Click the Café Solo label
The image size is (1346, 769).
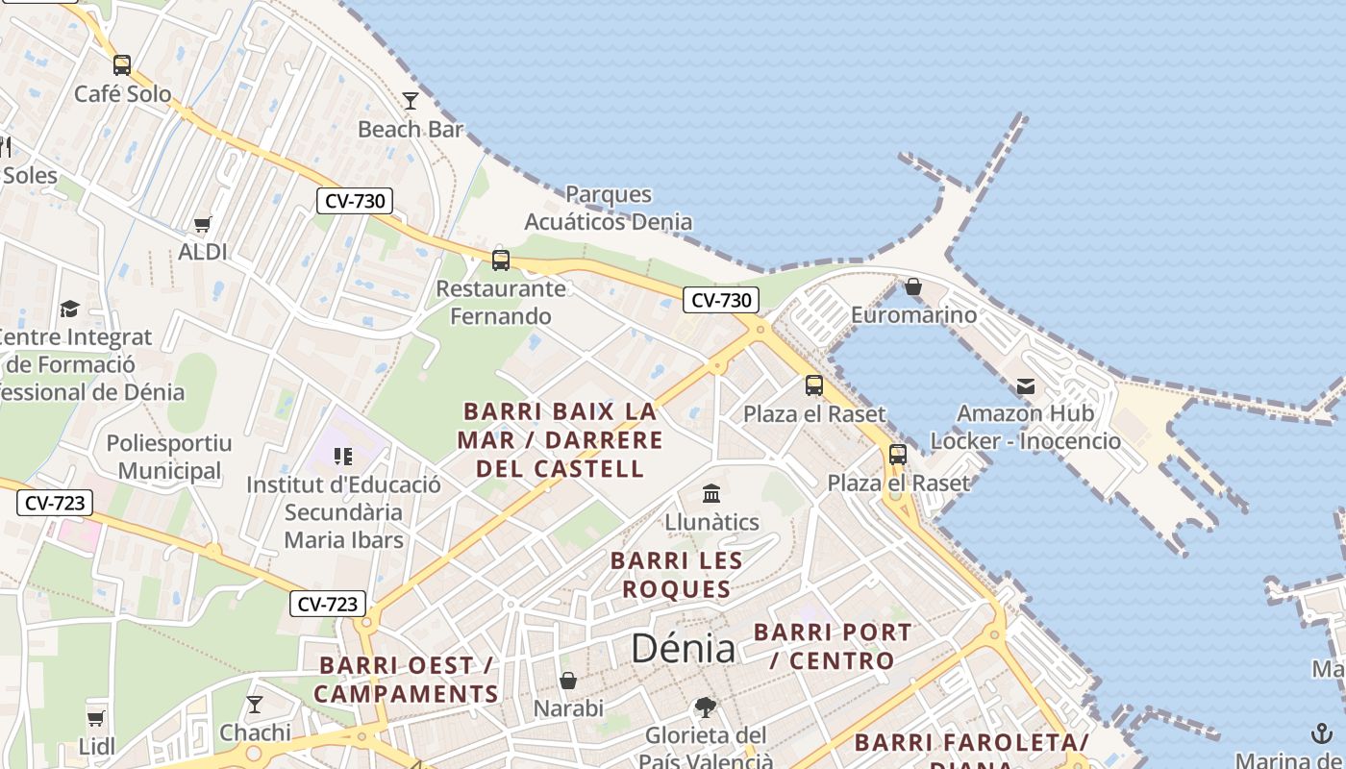click(x=122, y=94)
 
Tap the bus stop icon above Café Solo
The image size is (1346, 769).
click(x=121, y=65)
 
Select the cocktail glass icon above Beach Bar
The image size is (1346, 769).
click(x=411, y=101)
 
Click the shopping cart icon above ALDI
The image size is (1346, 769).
click(x=202, y=225)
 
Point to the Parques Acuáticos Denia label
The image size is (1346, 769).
click(x=608, y=208)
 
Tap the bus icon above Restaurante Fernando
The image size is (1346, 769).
click(x=500, y=260)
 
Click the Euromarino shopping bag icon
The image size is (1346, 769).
click(x=912, y=286)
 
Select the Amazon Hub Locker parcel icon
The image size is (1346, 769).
click(x=1025, y=386)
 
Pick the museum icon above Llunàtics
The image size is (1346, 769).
click(x=711, y=494)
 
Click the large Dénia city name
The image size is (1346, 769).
click(x=683, y=649)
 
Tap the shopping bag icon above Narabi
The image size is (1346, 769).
click(x=568, y=681)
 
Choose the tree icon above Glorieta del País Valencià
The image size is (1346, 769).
click(x=706, y=707)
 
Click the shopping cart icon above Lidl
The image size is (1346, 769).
click(x=96, y=718)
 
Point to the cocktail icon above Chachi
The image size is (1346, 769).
click(x=255, y=705)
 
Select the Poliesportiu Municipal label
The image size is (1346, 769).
click(x=169, y=458)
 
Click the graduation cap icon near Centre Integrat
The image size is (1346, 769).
click(x=69, y=310)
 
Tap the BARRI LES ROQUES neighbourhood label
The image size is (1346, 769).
click(x=677, y=575)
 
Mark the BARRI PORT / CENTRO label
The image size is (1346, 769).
click(x=833, y=647)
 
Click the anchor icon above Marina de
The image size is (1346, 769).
click(x=1320, y=734)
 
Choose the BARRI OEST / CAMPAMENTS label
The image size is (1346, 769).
click(x=406, y=680)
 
